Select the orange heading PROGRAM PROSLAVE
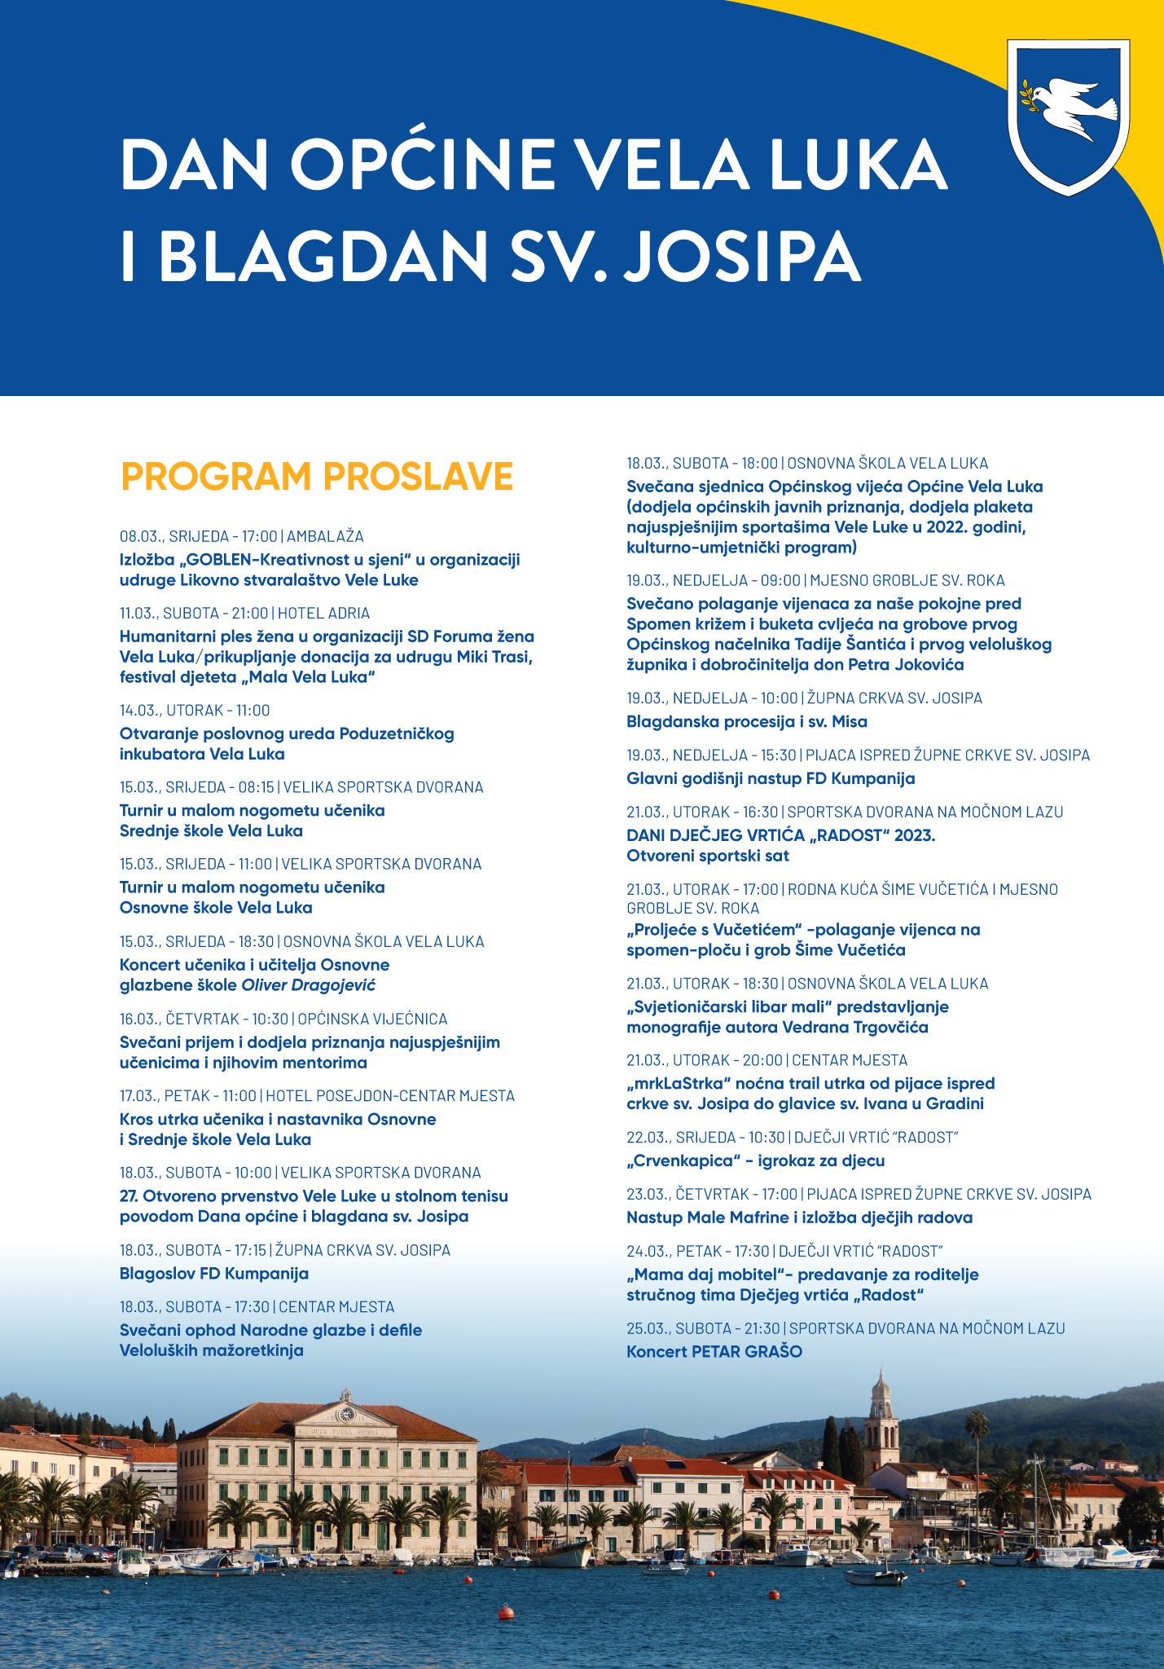[x=317, y=477]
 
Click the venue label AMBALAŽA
[x=325, y=536]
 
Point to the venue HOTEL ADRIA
[x=324, y=613]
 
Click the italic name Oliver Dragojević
[x=309, y=984]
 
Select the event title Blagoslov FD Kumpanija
[x=214, y=1273]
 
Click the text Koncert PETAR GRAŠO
[x=714, y=1351]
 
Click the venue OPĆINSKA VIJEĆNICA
[x=372, y=1019]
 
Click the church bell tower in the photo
[x=881, y=1418]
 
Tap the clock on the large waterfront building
[x=346, y=1414]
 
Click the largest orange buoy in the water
[x=507, y=1612]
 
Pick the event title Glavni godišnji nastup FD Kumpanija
[x=771, y=778]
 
